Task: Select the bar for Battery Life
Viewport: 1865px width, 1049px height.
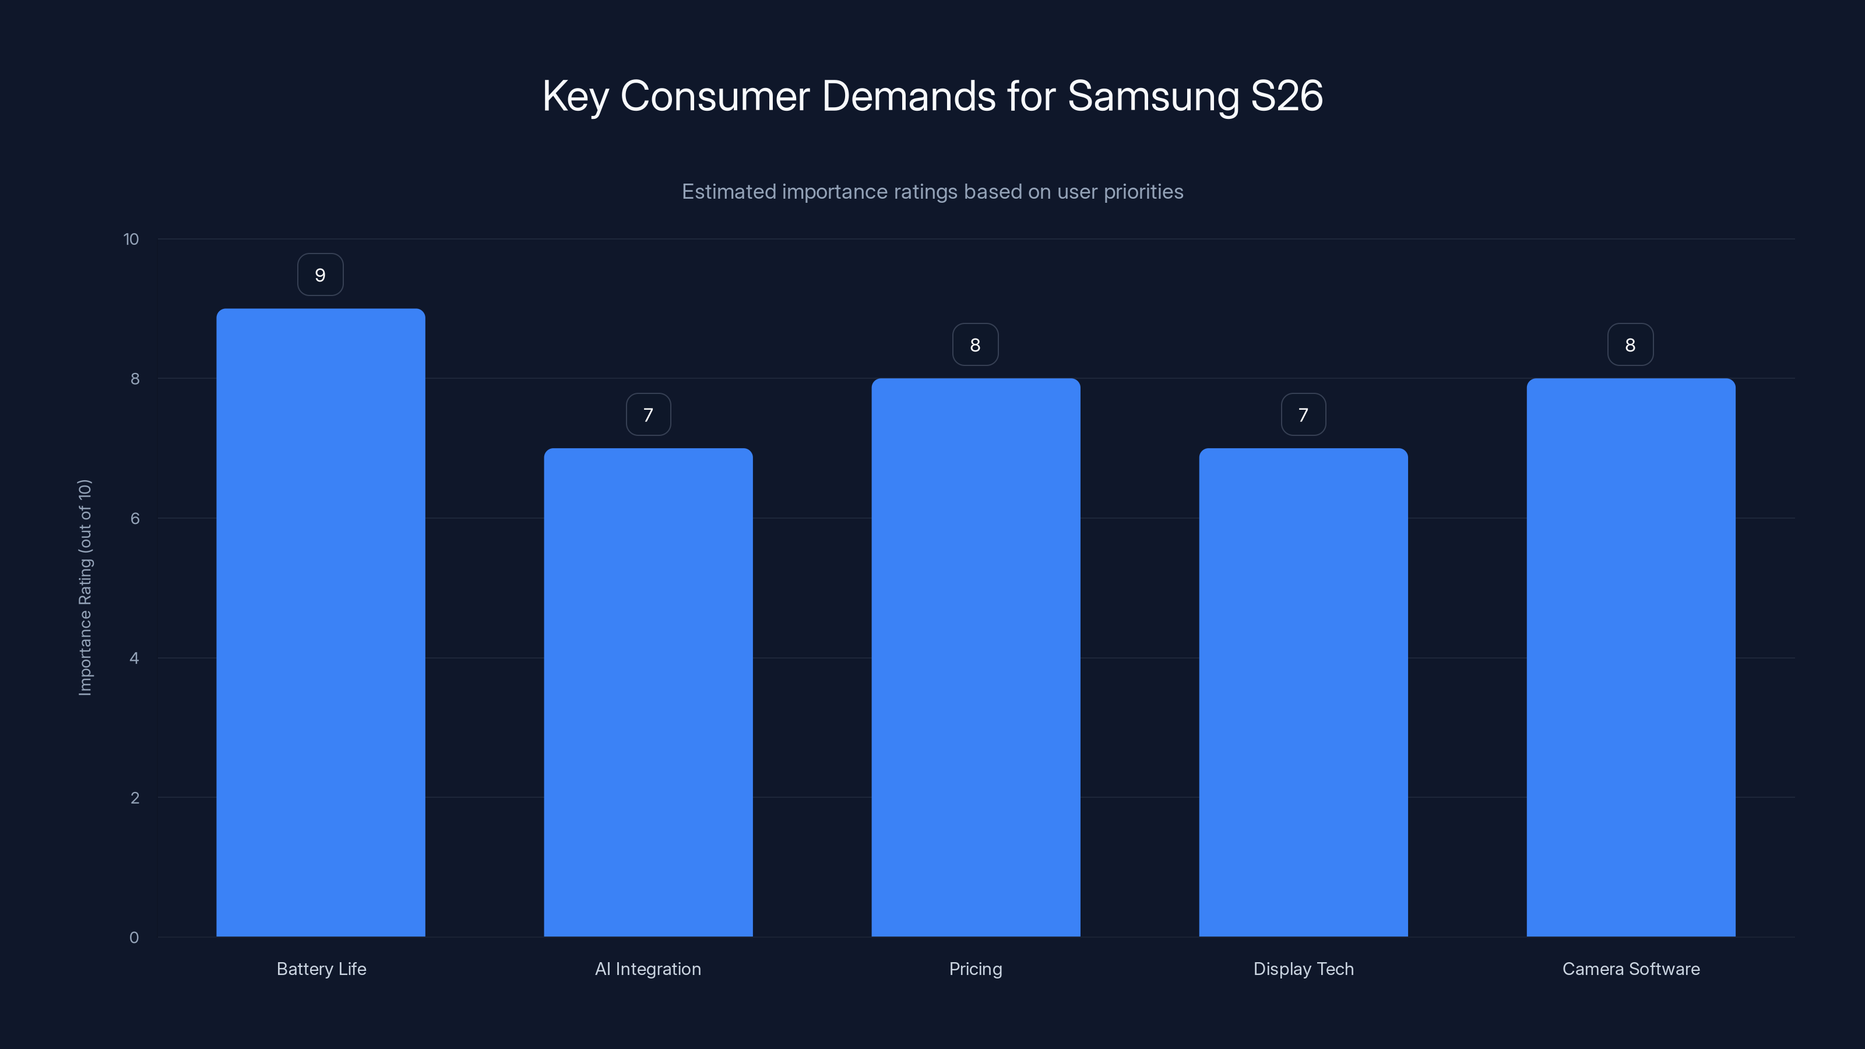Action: point(321,622)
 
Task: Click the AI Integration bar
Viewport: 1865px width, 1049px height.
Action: point(648,692)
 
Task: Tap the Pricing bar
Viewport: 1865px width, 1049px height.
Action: point(975,657)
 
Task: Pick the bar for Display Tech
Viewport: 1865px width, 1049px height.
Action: point(1303,692)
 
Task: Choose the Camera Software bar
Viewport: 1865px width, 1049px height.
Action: point(1631,657)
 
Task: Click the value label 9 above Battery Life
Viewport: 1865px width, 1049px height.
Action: point(320,275)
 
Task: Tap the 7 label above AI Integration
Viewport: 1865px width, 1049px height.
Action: point(648,415)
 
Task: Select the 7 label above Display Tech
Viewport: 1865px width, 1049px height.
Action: point(1303,415)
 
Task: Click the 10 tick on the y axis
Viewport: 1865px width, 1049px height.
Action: point(131,240)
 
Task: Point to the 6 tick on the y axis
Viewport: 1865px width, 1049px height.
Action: point(135,518)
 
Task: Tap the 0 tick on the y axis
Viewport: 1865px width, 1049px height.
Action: point(134,938)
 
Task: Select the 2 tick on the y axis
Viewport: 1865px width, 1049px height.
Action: point(135,798)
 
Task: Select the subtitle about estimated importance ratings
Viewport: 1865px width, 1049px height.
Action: point(932,192)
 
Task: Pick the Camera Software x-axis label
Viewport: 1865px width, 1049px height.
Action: point(1631,969)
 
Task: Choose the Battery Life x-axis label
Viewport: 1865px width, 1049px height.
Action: point(322,969)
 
